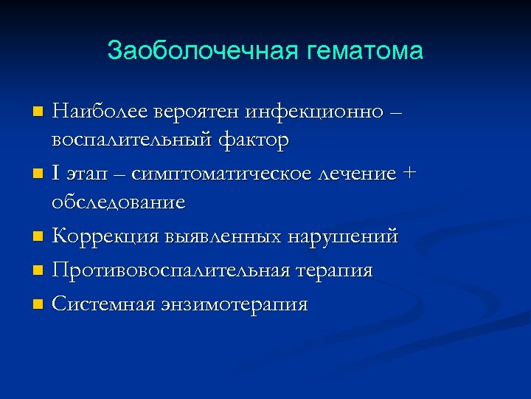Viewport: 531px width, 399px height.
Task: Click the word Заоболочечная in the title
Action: [x=198, y=51]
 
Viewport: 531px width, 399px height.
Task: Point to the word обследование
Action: [x=118, y=202]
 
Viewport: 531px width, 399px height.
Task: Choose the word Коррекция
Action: [x=102, y=237]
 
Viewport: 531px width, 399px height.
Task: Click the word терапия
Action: [x=336, y=271]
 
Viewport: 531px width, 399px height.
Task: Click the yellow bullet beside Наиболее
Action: [x=39, y=113]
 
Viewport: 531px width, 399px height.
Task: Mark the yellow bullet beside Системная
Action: [x=39, y=304]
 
